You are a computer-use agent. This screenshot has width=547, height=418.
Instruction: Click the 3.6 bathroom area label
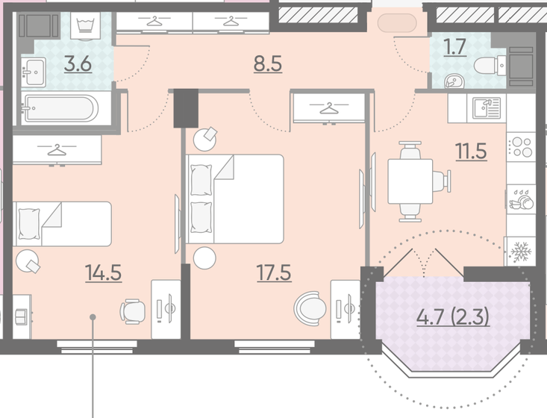[x=78, y=65]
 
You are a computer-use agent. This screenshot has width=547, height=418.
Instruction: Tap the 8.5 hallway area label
[x=268, y=64]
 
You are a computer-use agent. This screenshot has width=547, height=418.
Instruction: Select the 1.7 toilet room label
[x=455, y=47]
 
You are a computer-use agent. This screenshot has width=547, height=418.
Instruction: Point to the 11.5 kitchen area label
[x=471, y=152]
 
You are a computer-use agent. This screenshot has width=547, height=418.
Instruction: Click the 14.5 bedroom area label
[x=104, y=272]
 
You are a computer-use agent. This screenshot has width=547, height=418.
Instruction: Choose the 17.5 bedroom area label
[x=274, y=272]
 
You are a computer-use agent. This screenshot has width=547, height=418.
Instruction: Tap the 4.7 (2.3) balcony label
[x=453, y=317]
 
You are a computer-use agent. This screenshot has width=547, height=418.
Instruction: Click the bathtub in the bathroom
[x=59, y=108]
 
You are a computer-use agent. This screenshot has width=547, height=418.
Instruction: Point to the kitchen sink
[x=487, y=107]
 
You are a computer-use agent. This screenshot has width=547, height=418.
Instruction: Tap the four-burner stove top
[x=520, y=147]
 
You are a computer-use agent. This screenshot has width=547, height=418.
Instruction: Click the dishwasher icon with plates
[x=521, y=199]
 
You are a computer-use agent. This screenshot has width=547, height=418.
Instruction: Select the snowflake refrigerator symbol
[x=520, y=252]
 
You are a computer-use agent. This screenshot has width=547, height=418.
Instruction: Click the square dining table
[x=410, y=181]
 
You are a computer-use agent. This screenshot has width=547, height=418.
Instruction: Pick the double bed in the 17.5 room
[x=234, y=199]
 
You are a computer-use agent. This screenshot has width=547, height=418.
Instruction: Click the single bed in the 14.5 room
[x=62, y=224]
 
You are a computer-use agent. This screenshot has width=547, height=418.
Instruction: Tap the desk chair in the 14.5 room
[x=133, y=311]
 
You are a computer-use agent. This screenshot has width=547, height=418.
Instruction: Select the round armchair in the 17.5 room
[x=310, y=308]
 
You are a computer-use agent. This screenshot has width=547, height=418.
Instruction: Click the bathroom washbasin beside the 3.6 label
[x=33, y=72]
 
